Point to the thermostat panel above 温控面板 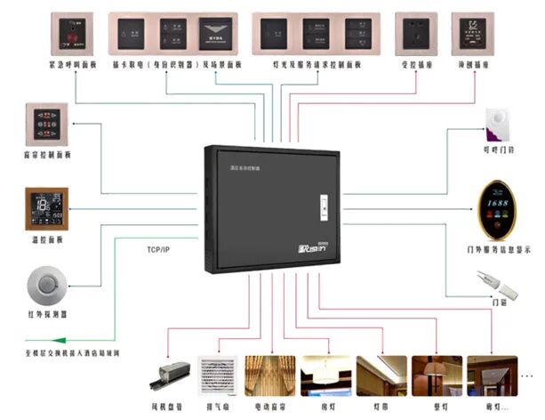point(45,209)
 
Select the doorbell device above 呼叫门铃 point(494,124)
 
